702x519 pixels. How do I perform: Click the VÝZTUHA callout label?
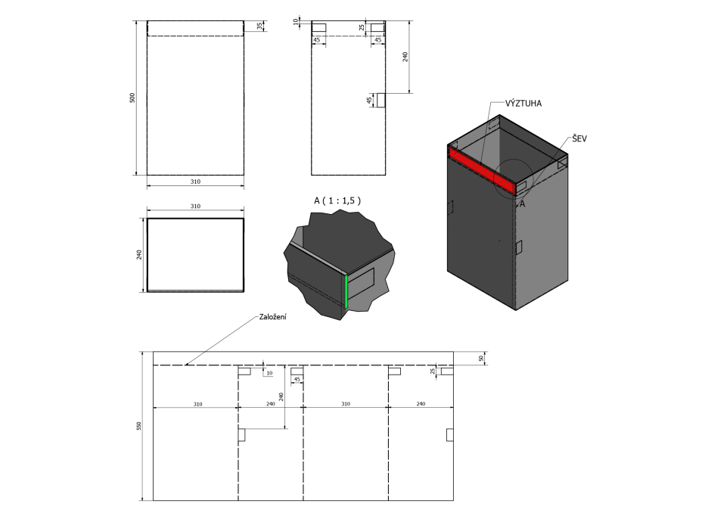(523, 104)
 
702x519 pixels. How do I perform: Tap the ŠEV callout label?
(579, 138)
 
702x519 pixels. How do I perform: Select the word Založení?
(272, 317)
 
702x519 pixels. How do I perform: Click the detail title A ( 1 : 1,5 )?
(337, 200)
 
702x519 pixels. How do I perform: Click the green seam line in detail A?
(346, 291)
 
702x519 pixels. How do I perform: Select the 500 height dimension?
(132, 98)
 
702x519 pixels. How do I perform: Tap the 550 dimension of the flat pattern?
(138, 426)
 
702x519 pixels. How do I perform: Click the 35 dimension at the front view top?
(259, 26)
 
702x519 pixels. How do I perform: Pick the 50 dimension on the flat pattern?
(481, 359)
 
